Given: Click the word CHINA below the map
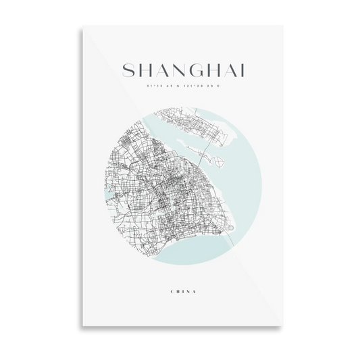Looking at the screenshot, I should (x=180, y=291).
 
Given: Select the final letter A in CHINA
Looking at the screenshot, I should (x=194, y=291).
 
